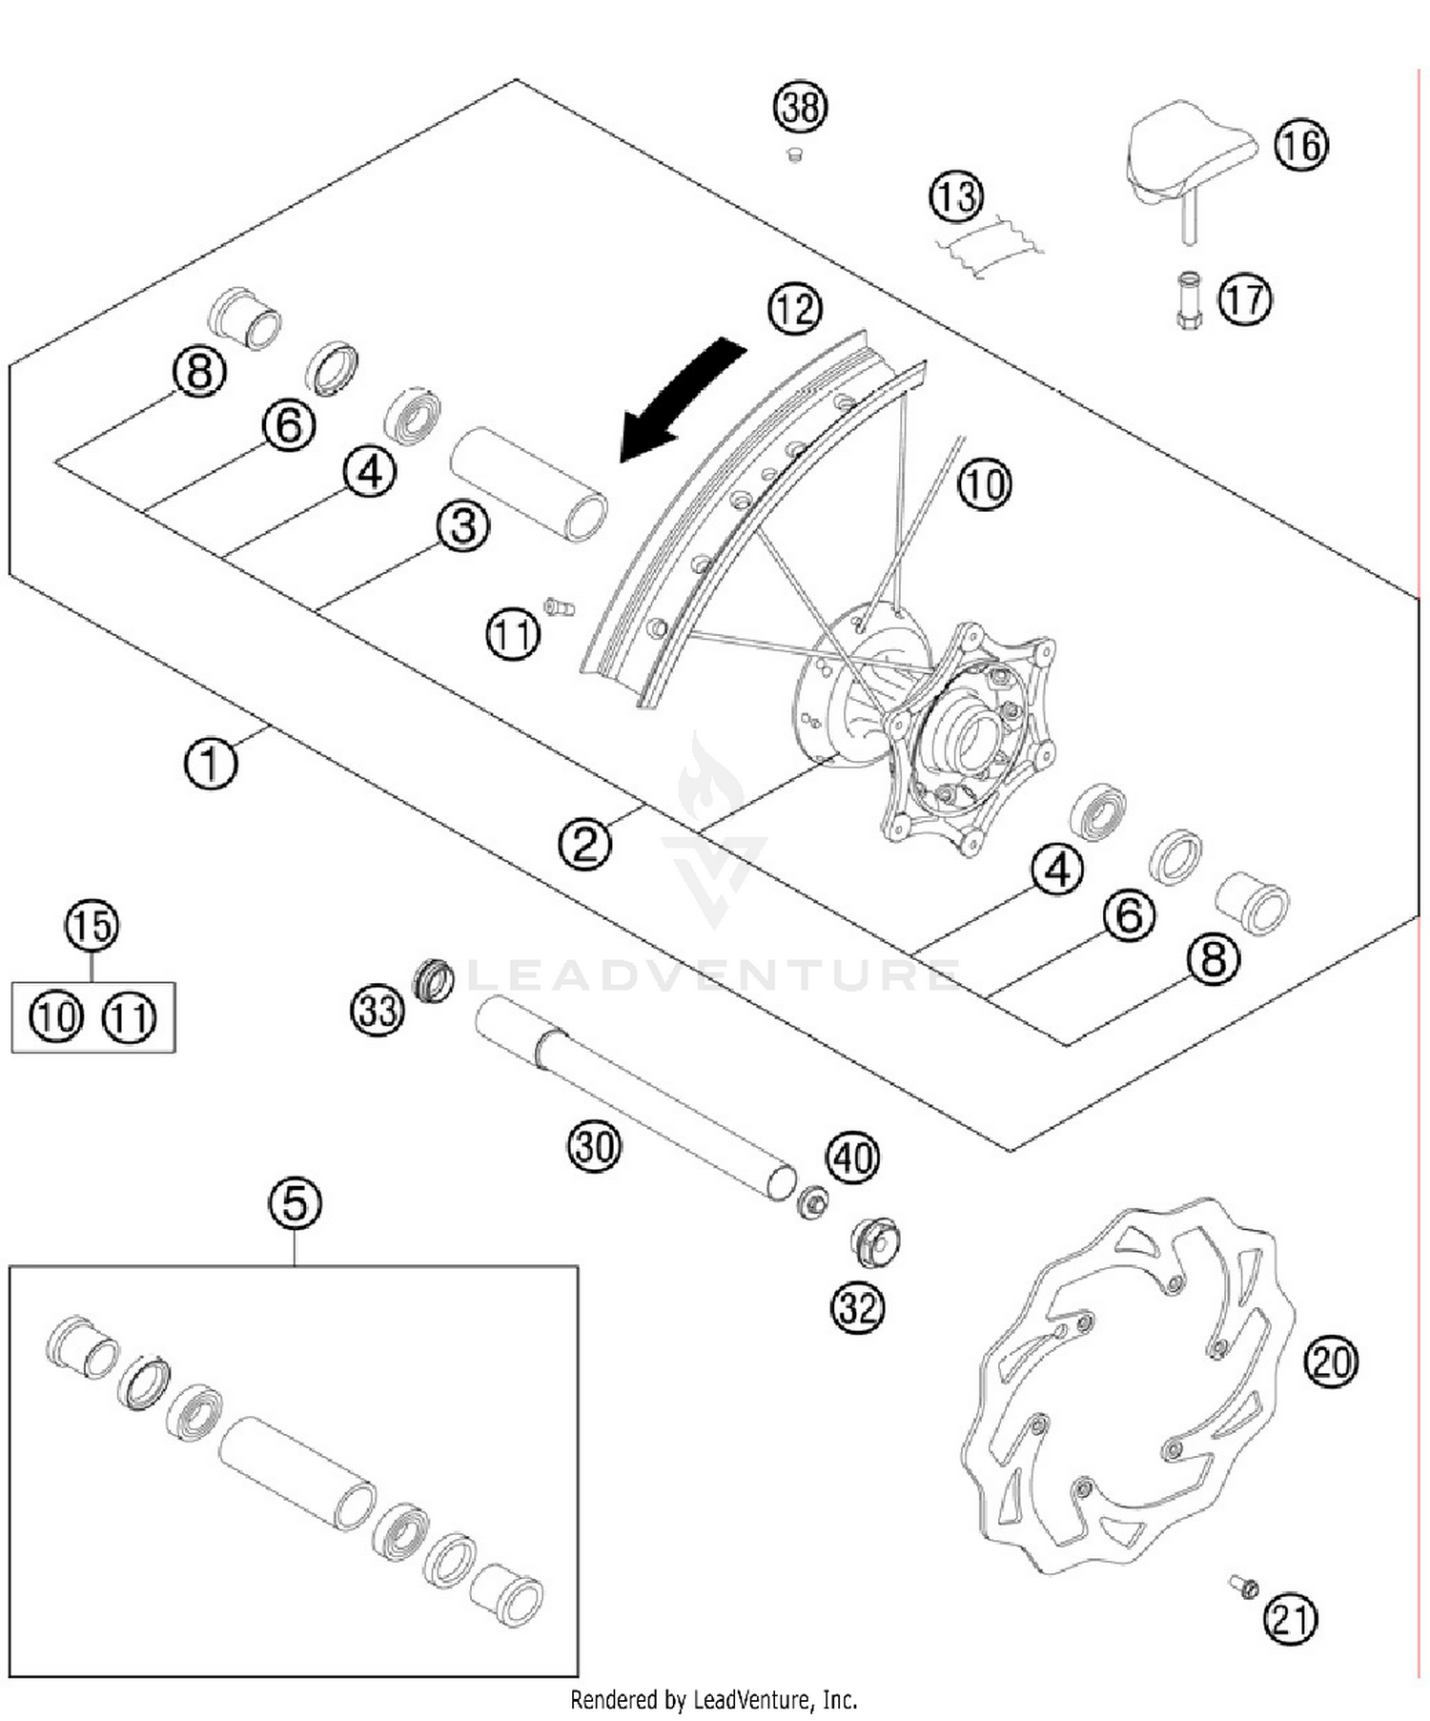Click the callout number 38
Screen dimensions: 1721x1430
(800, 107)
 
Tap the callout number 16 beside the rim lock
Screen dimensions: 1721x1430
(1301, 145)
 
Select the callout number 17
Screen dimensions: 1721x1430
(1245, 299)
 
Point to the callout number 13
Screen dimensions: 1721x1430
(956, 196)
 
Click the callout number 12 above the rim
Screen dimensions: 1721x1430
(795, 309)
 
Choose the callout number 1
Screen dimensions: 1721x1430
(210, 763)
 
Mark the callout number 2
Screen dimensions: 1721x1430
(584, 843)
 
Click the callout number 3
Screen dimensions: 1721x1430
(463, 525)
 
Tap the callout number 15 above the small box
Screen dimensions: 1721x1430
(92, 926)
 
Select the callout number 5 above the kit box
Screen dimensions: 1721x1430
(295, 1202)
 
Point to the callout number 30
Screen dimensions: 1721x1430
(594, 1145)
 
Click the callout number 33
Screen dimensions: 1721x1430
(378, 1010)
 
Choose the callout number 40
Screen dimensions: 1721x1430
(852, 1158)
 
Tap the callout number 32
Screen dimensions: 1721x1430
(857, 1307)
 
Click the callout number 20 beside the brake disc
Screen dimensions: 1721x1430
(1331, 1361)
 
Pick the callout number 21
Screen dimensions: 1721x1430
(1290, 1618)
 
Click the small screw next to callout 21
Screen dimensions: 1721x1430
(1243, 1587)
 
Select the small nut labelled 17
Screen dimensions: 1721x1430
(1189, 301)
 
